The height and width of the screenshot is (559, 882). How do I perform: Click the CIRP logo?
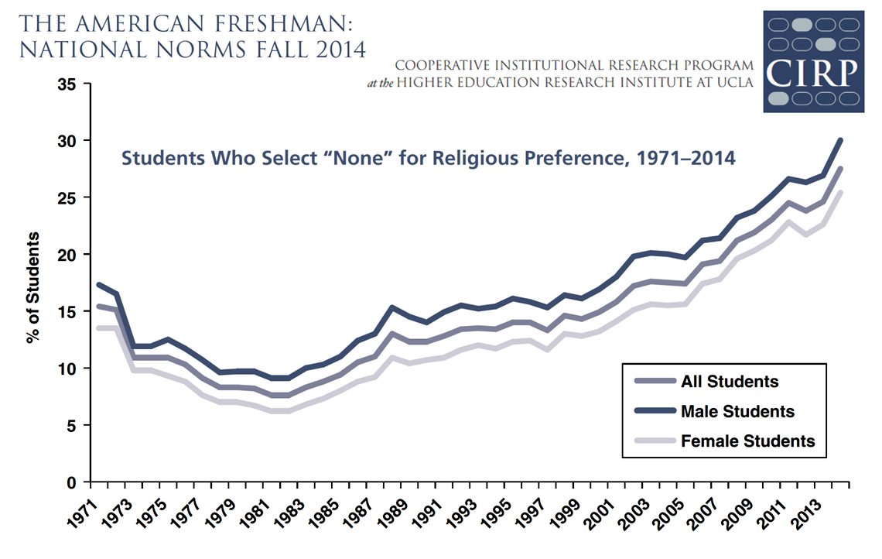point(813,61)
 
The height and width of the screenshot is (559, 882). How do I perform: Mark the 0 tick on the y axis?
point(69,482)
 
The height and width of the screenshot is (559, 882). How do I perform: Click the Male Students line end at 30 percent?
point(841,140)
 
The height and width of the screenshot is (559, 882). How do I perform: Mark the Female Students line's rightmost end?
point(841,192)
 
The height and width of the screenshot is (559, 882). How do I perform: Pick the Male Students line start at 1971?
point(97,284)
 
